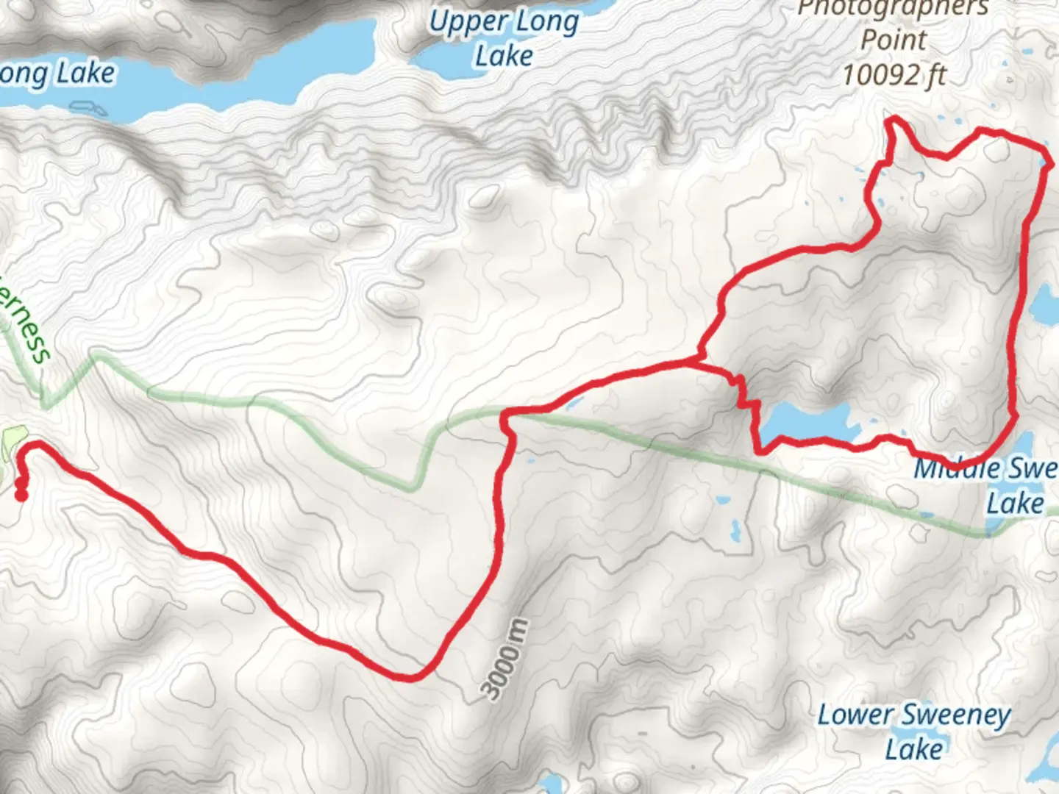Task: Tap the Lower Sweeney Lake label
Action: [x=914, y=732]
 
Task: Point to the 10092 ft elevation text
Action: [x=894, y=74]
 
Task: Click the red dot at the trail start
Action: [x=21, y=496]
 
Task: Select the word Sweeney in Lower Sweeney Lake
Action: [x=956, y=714]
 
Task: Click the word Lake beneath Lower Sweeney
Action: [x=914, y=749]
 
